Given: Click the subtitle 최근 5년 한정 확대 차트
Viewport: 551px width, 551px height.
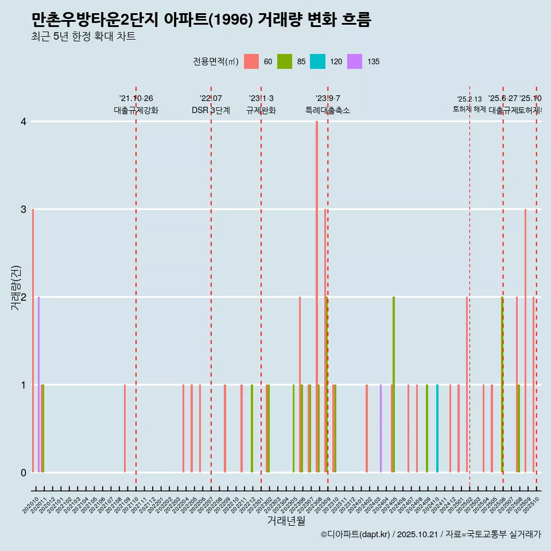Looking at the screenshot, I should click(x=83, y=37).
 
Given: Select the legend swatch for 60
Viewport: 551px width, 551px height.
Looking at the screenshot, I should click(x=251, y=61).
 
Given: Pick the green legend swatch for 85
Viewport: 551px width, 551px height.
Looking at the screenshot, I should click(x=285, y=61).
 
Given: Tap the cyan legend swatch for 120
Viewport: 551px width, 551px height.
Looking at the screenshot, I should click(x=317, y=61).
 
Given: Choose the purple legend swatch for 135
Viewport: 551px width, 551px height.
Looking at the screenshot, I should click(x=355, y=61).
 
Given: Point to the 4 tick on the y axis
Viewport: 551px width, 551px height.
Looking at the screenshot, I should click(x=23, y=122).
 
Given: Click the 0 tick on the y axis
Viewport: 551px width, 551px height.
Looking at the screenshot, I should click(x=23, y=472).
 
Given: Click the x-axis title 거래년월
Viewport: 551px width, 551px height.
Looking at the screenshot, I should click(x=286, y=521).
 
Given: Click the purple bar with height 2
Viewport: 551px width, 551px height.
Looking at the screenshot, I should click(x=38, y=385).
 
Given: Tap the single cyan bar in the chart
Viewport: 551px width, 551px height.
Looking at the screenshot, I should click(x=437, y=428).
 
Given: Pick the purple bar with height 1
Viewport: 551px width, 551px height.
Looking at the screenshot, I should click(x=381, y=428).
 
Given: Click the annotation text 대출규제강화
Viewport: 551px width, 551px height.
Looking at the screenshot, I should click(x=136, y=110).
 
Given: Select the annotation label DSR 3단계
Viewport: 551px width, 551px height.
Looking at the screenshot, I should click(x=211, y=110).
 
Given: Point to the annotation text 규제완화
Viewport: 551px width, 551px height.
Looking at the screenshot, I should click(x=261, y=110).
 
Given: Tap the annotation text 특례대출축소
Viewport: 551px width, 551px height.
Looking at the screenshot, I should click(x=327, y=110).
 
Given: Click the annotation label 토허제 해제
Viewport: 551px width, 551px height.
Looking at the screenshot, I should click(x=469, y=109).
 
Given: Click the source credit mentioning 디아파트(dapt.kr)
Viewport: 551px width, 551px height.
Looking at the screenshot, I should click(x=430, y=534).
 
